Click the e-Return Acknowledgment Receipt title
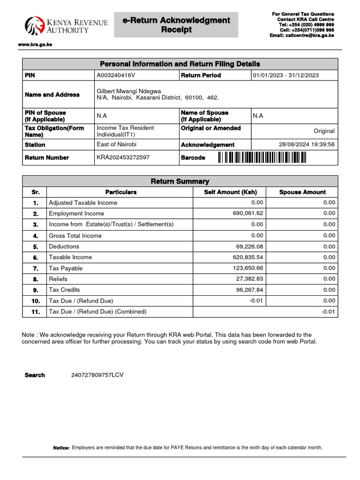[x=176, y=25]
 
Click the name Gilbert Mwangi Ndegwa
[x=128, y=91]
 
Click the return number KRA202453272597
[x=123, y=157]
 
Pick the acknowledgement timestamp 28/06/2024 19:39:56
[x=307, y=144]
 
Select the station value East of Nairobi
[x=116, y=144]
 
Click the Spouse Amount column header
[x=302, y=192]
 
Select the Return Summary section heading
[x=180, y=181]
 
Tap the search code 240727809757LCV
[x=97, y=375]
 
